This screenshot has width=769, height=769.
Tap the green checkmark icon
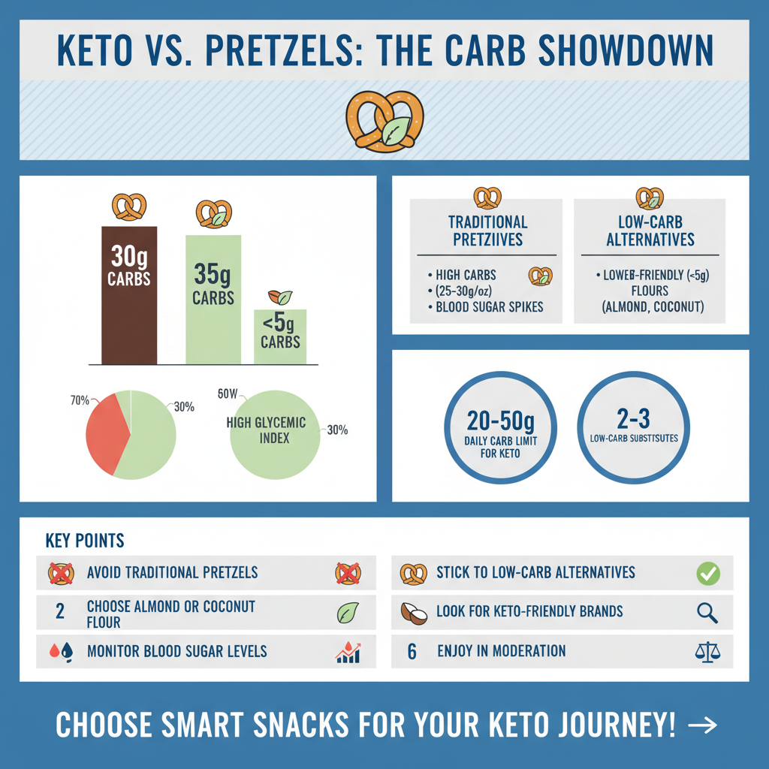[x=707, y=574]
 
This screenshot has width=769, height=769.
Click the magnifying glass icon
[x=707, y=613]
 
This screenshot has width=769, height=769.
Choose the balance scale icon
[x=707, y=651]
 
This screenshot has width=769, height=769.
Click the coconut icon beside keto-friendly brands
[x=412, y=613]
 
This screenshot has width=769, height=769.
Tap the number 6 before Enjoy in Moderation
[x=412, y=651]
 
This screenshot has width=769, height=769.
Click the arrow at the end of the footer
[x=702, y=725]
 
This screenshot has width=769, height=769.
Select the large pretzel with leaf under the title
[x=384, y=122]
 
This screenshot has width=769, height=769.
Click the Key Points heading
[x=85, y=541]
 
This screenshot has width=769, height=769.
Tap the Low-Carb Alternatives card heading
[x=650, y=231]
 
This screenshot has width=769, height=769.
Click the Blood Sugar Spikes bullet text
[x=490, y=306]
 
